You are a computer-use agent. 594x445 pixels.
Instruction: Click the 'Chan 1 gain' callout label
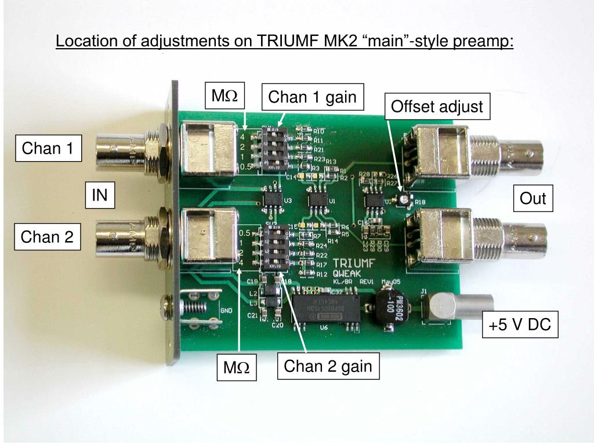point(313,97)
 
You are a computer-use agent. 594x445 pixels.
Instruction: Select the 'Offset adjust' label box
point(437,107)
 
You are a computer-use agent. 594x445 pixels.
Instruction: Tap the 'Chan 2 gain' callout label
point(328,366)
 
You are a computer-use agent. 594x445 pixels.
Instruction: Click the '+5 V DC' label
point(520,325)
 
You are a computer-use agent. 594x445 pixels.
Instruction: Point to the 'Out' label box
point(533,199)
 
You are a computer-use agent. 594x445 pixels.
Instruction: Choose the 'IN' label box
point(100,195)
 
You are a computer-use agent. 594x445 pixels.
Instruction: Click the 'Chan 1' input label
point(48,149)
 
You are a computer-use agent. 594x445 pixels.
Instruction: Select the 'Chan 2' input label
point(47,236)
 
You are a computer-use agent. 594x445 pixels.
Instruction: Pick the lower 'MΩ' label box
point(237,369)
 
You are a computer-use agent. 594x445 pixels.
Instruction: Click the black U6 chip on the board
point(325,308)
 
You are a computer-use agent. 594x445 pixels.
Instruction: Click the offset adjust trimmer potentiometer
point(401,199)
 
